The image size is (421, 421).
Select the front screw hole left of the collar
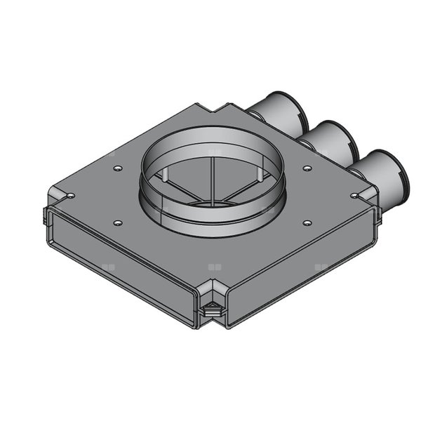pos(116,222)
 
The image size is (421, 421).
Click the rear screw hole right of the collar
pos(307,168)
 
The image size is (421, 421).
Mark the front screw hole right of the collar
pos(307,222)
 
